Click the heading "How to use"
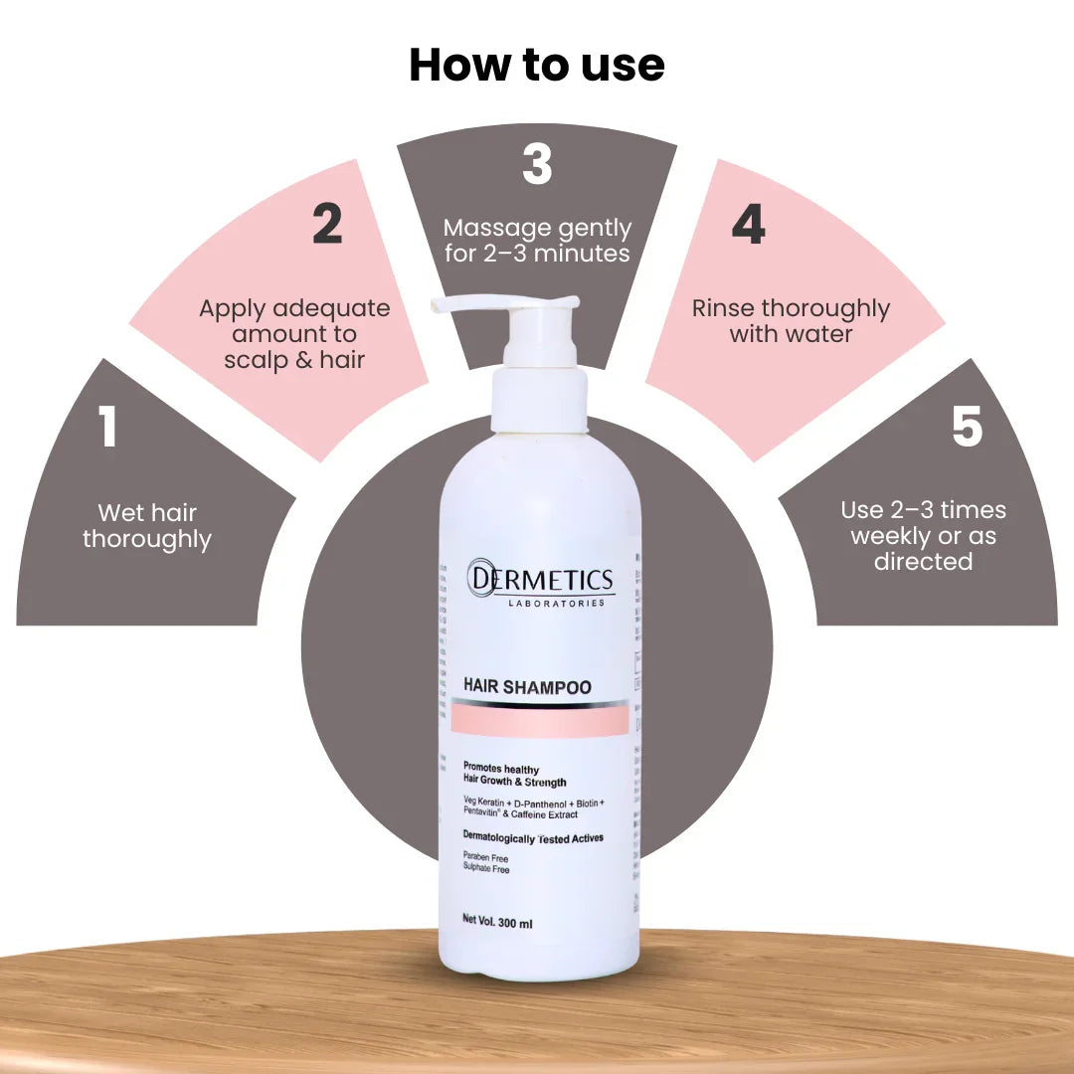pyautogui.click(x=536, y=66)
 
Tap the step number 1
pyautogui.click(x=108, y=427)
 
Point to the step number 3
pyautogui.click(x=537, y=165)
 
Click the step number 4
pyautogui.click(x=748, y=225)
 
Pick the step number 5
pyautogui.click(x=967, y=427)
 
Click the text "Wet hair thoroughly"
pyautogui.click(x=147, y=526)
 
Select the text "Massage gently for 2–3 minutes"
pyautogui.click(x=537, y=241)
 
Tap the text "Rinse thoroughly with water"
pyautogui.click(x=791, y=320)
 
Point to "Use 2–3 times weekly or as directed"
pyautogui.click(x=923, y=535)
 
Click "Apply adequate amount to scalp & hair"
pyautogui.click(x=294, y=333)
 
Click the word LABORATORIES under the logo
pyautogui.click(x=556, y=604)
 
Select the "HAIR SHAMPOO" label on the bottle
pyautogui.click(x=527, y=687)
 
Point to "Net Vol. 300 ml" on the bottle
pyautogui.click(x=498, y=923)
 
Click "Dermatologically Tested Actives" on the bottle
pyautogui.click(x=533, y=838)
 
